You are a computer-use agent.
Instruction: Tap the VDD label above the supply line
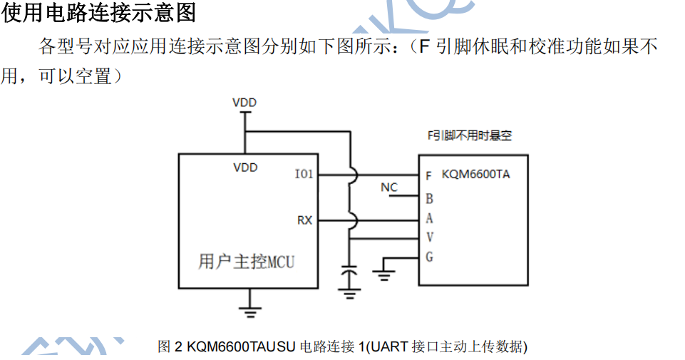point(244,103)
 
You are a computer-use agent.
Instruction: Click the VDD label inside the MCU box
point(245,168)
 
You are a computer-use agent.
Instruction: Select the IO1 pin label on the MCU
point(304,174)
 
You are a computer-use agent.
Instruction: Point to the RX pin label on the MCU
point(304,220)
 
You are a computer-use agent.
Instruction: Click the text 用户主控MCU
point(246,262)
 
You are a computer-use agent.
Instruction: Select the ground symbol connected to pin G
point(385,269)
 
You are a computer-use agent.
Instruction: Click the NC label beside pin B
point(388,187)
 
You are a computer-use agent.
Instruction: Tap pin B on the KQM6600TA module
point(429,199)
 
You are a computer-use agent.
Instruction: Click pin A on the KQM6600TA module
point(429,219)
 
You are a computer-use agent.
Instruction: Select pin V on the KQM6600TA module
point(429,237)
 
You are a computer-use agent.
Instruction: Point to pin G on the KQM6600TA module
point(429,257)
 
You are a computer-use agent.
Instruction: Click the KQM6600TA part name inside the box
point(475,174)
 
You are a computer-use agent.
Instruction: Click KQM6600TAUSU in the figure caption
point(240,347)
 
